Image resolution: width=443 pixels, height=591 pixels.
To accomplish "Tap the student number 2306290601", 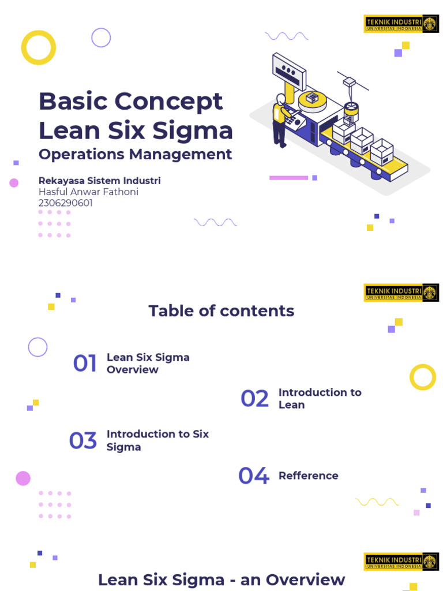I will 66,203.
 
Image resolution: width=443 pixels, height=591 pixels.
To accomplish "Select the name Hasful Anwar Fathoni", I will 88,192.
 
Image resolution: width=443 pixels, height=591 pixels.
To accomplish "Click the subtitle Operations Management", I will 135,154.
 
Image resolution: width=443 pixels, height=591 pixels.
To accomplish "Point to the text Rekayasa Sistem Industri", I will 99,181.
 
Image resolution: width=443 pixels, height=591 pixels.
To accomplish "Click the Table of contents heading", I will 221,311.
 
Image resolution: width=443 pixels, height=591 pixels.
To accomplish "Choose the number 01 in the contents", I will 85,364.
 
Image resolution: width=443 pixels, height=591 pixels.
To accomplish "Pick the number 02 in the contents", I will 254,399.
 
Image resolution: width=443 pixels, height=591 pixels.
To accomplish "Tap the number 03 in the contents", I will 82,441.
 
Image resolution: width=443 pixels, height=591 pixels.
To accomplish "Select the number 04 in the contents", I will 254,476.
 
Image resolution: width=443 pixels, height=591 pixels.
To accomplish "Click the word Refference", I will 308,476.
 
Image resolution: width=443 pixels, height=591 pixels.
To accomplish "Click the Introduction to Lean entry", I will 320,398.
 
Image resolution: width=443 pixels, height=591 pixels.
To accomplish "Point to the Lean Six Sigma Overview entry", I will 148,364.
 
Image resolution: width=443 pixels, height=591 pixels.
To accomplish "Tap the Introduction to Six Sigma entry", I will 157,440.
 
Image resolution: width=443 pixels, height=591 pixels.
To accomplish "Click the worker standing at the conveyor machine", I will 280,121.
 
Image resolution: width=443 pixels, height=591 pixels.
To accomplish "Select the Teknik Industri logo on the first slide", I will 401,24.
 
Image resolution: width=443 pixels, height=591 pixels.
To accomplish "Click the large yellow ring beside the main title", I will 39,47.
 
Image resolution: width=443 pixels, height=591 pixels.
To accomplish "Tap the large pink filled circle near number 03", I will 23,478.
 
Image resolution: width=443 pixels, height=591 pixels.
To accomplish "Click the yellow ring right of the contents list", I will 423,377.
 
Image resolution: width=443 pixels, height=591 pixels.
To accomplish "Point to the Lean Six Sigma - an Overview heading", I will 221,579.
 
